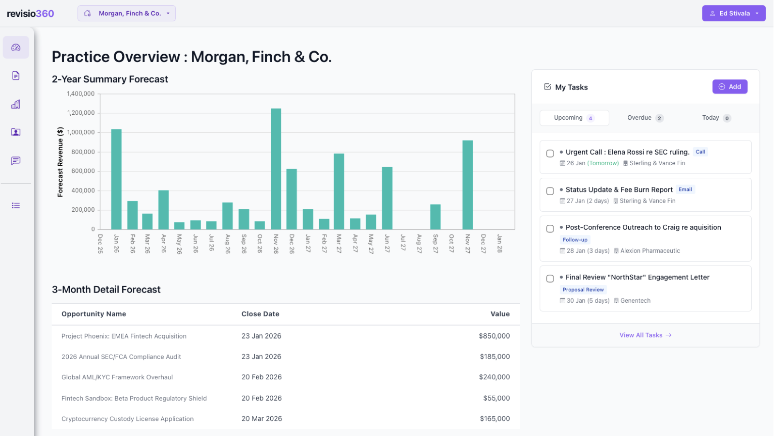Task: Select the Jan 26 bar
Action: pos(116,179)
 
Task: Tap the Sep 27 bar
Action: pos(435,217)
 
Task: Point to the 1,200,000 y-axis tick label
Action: pos(81,113)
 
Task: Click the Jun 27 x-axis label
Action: pos(387,243)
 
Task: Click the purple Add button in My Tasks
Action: pos(729,87)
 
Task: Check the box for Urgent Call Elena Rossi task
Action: pos(550,154)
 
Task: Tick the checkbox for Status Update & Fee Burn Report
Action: pos(550,191)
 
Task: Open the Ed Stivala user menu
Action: pos(733,14)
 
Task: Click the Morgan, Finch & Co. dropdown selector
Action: pos(126,14)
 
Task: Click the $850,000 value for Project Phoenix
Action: pos(494,336)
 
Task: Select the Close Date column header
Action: pos(260,314)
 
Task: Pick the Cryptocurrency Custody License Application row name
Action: pos(127,419)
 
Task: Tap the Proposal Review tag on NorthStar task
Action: pos(583,290)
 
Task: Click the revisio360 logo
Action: pos(31,14)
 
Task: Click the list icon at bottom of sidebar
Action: pos(16,205)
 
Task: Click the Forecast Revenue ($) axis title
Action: pos(60,162)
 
